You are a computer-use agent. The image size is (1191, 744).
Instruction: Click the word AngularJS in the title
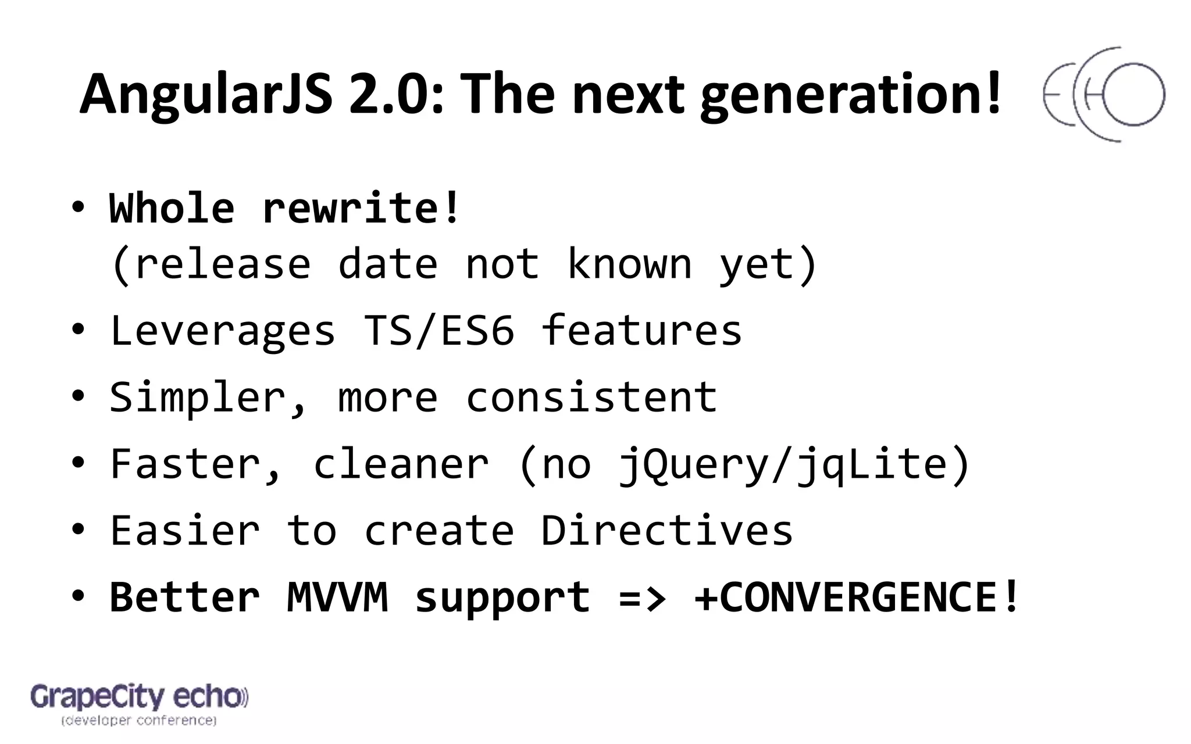[x=206, y=95]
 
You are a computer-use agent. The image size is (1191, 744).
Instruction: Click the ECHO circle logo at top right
[x=1104, y=95]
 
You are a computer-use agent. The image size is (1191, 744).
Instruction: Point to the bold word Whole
[x=172, y=208]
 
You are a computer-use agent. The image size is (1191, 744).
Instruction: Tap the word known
[x=629, y=264]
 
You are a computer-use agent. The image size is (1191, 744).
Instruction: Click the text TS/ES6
[x=439, y=330]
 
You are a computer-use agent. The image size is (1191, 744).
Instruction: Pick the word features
[x=641, y=330]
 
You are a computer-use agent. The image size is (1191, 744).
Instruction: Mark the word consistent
[x=591, y=397]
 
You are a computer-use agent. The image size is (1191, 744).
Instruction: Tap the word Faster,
[x=197, y=464]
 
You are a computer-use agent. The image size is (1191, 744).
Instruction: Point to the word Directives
[x=667, y=530]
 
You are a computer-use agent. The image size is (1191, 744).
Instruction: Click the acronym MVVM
[x=337, y=597]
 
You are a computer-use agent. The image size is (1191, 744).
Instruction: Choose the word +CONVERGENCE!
[x=857, y=597]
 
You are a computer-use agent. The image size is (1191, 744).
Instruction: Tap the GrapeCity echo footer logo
[x=139, y=704]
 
